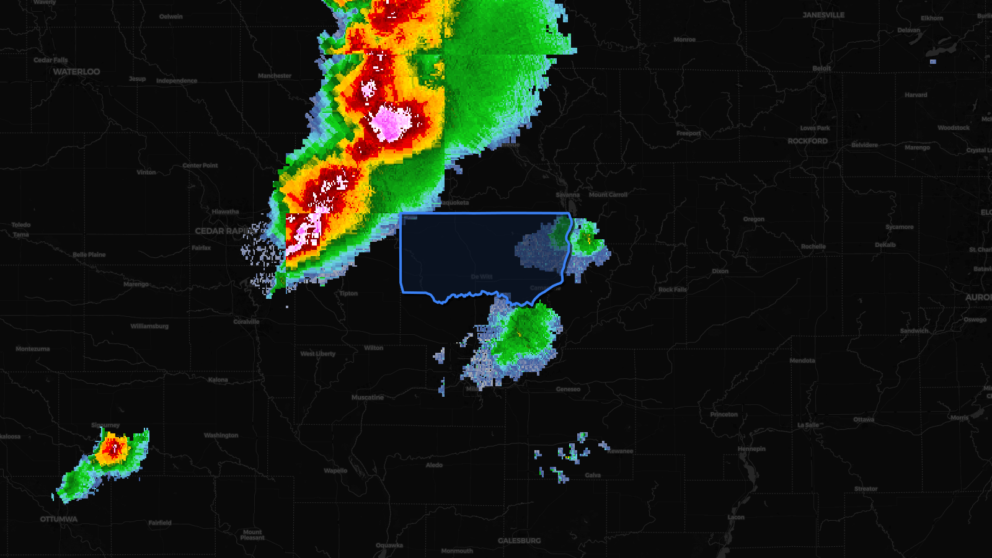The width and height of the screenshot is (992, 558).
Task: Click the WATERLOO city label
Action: (x=76, y=72)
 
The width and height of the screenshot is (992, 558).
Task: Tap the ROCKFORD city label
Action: (x=807, y=141)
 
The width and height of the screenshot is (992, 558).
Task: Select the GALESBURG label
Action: (x=519, y=541)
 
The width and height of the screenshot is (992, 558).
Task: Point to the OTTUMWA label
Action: (x=59, y=520)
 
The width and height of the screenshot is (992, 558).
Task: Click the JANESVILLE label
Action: (x=823, y=15)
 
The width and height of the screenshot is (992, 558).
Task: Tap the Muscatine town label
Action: (x=368, y=397)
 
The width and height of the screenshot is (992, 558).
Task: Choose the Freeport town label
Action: (x=688, y=133)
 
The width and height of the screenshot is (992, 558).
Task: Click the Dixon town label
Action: (x=720, y=271)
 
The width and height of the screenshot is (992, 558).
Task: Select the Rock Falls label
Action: (x=673, y=290)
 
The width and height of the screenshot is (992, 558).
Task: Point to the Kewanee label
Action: (x=620, y=451)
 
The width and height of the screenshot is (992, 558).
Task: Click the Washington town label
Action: (x=221, y=435)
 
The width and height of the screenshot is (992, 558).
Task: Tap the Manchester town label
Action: (x=275, y=76)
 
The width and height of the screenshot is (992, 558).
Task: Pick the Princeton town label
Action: (x=724, y=414)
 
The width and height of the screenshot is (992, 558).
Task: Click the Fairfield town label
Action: (x=160, y=523)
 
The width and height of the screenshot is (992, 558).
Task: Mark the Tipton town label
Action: (x=348, y=293)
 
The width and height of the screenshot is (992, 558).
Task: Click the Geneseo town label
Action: (x=568, y=389)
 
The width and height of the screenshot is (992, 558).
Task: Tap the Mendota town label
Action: (x=802, y=360)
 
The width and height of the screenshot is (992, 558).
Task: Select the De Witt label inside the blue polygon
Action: (x=482, y=277)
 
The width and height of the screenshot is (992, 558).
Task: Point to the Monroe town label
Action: (x=684, y=40)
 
